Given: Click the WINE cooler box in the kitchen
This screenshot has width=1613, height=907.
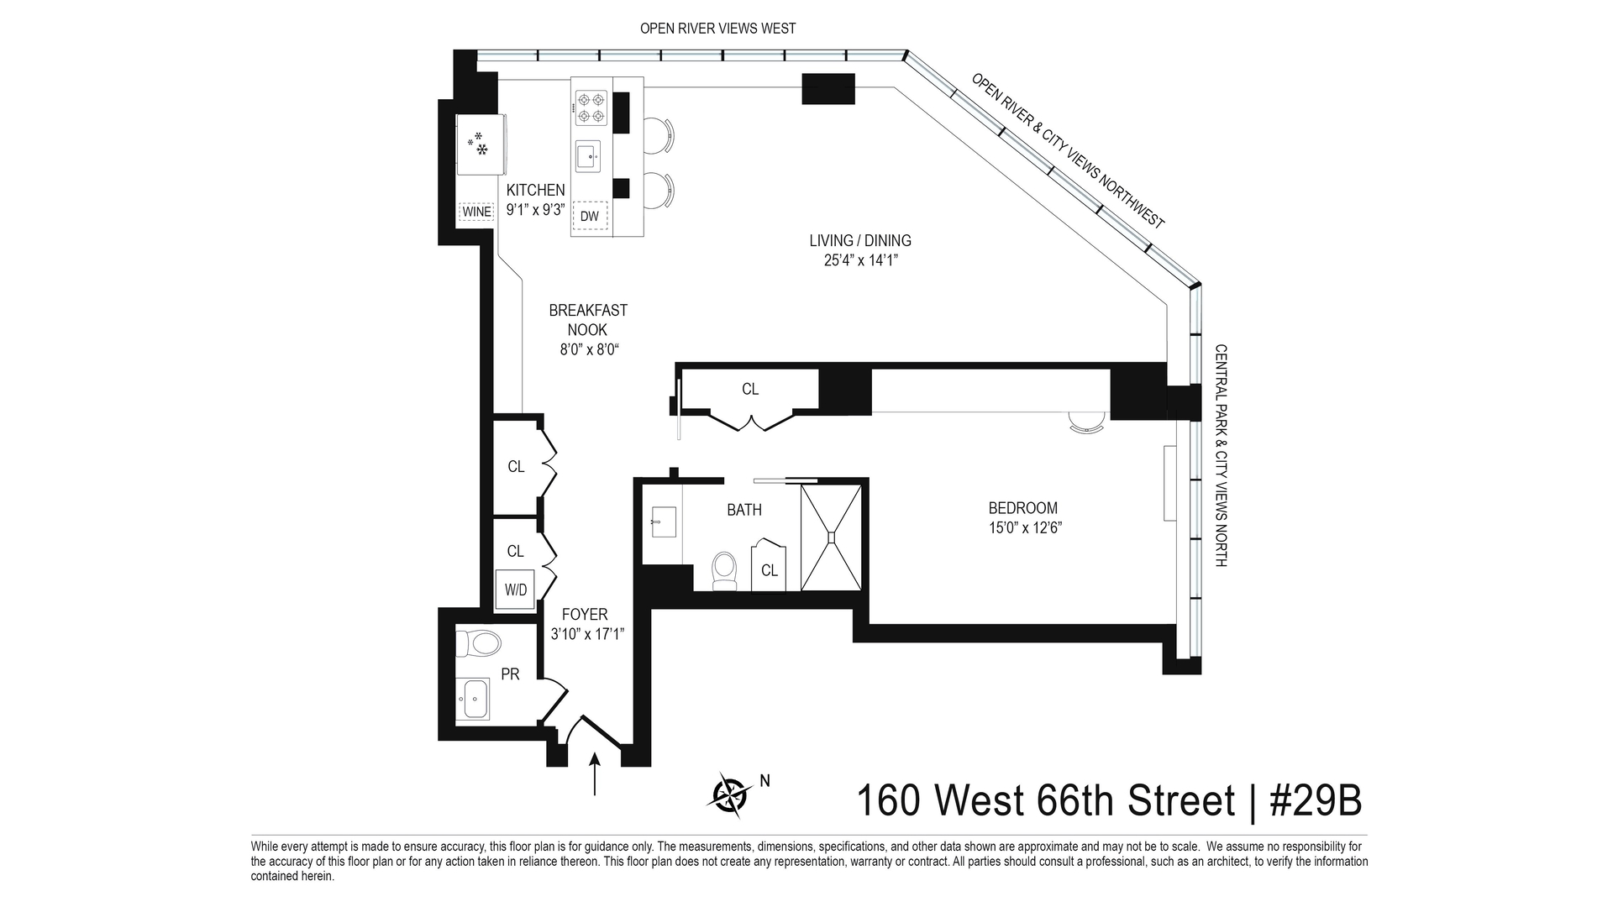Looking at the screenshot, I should point(476,212).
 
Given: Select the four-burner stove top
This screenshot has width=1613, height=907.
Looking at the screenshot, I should point(591,108).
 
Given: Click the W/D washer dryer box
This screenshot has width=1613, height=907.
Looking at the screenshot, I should point(516,590).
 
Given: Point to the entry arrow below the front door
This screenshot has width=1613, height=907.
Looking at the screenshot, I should point(595,774).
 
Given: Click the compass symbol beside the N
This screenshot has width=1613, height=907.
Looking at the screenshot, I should point(732,794).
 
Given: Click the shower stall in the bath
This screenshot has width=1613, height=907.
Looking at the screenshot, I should point(831,537).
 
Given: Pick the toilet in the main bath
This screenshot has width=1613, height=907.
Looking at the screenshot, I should point(724,570).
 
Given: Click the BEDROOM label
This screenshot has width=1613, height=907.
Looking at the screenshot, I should point(1022,508).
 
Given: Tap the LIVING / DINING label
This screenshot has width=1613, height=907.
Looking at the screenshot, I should point(860,241).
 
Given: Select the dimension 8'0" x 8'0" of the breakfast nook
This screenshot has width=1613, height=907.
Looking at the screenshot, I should point(589,350).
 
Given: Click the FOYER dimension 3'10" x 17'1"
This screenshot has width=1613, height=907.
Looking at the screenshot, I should point(587,635).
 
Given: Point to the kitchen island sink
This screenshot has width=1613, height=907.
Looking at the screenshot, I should point(588,156).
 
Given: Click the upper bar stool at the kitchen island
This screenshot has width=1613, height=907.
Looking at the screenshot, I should point(658,135).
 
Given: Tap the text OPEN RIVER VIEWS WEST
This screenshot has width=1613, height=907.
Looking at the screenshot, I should point(717,29).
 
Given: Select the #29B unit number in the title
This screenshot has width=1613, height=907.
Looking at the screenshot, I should point(1315,800).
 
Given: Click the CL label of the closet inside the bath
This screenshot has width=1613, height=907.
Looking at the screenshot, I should point(770,570).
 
